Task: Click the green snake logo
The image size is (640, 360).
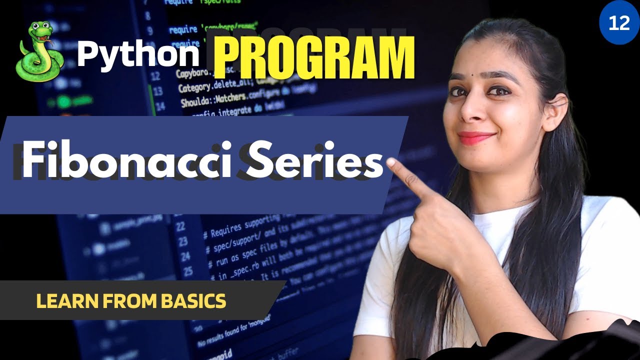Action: (x=40, y=52)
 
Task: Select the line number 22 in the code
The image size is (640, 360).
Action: (x=180, y=226)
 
